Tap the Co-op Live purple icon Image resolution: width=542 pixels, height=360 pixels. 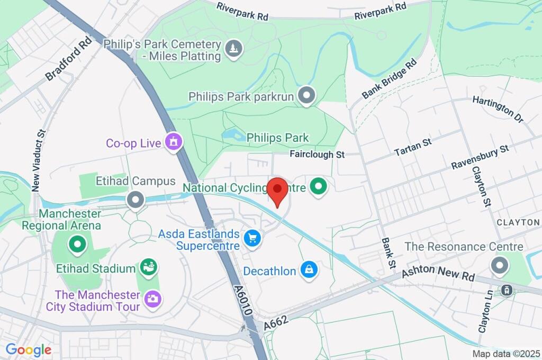(x=173, y=142)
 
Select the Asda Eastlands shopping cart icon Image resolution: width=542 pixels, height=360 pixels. (x=252, y=239)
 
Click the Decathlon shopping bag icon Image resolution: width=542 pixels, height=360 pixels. (x=308, y=270)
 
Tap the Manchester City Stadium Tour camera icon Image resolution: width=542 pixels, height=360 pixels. (x=153, y=299)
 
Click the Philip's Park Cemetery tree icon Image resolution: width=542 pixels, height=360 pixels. (x=233, y=49)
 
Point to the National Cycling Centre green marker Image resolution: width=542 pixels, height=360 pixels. (x=318, y=186)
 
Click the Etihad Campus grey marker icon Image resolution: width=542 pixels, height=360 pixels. (x=136, y=200)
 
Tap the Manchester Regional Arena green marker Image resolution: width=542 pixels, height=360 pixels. (x=78, y=244)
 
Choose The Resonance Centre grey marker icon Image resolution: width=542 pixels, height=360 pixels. (x=499, y=266)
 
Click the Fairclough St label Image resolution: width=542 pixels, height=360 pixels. (x=317, y=155)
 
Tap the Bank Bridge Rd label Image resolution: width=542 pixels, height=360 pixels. (x=390, y=78)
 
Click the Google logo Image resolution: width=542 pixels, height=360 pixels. (x=29, y=349)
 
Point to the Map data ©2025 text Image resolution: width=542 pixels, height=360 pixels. (x=505, y=354)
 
